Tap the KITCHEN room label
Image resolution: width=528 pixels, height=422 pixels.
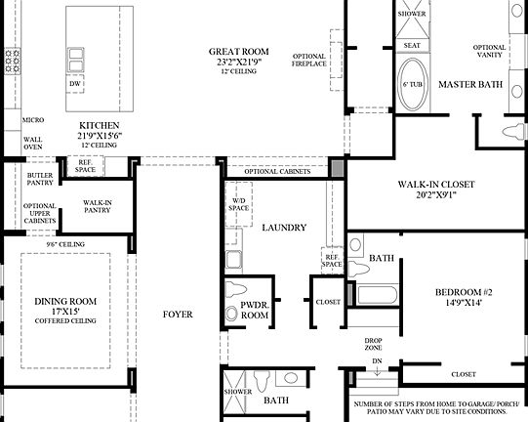[x=100, y=125]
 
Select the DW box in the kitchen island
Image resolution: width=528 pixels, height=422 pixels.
[x=75, y=85]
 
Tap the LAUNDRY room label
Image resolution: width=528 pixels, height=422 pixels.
[x=284, y=228]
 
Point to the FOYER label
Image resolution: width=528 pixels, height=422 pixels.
[x=178, y=315]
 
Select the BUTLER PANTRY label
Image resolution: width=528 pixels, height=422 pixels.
[x=40, y=177]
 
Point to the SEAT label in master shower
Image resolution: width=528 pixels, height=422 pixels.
[x=412, y=45]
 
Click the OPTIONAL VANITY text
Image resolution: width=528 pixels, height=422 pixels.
[x=489, y=51]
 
